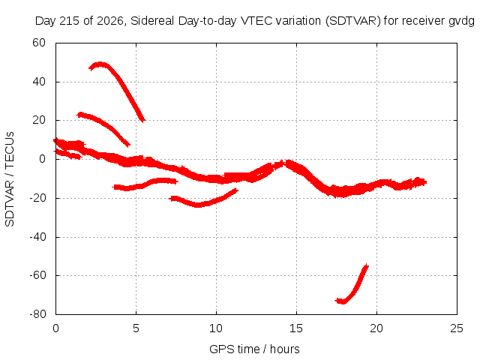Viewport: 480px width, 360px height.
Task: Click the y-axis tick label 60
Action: click(39, 43)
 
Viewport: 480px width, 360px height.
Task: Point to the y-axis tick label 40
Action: click(39, 82)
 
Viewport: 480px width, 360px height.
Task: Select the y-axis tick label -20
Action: click(37, 198)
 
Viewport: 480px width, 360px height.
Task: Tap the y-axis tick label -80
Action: click(37, 314)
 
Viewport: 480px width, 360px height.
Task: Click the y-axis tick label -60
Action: click(37, 275)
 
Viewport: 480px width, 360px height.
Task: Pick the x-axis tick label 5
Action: click(136, 328)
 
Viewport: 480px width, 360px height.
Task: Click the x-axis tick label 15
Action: click(296, 328)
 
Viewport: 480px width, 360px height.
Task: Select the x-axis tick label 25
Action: click(457, 328)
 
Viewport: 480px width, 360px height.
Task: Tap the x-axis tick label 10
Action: click(216, 328)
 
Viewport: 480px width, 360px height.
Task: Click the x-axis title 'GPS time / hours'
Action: click(254, 349)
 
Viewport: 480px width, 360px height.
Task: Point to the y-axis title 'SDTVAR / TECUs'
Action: click(10, 179)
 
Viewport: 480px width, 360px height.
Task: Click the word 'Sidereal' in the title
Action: click(152, 21)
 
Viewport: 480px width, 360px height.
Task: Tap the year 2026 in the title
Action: click(110, 21)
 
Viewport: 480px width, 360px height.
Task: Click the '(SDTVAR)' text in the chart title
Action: click(353, 21)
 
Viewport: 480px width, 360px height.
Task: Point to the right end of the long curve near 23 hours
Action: click(425, 182)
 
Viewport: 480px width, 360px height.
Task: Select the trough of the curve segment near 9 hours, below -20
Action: click(198, 205)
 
